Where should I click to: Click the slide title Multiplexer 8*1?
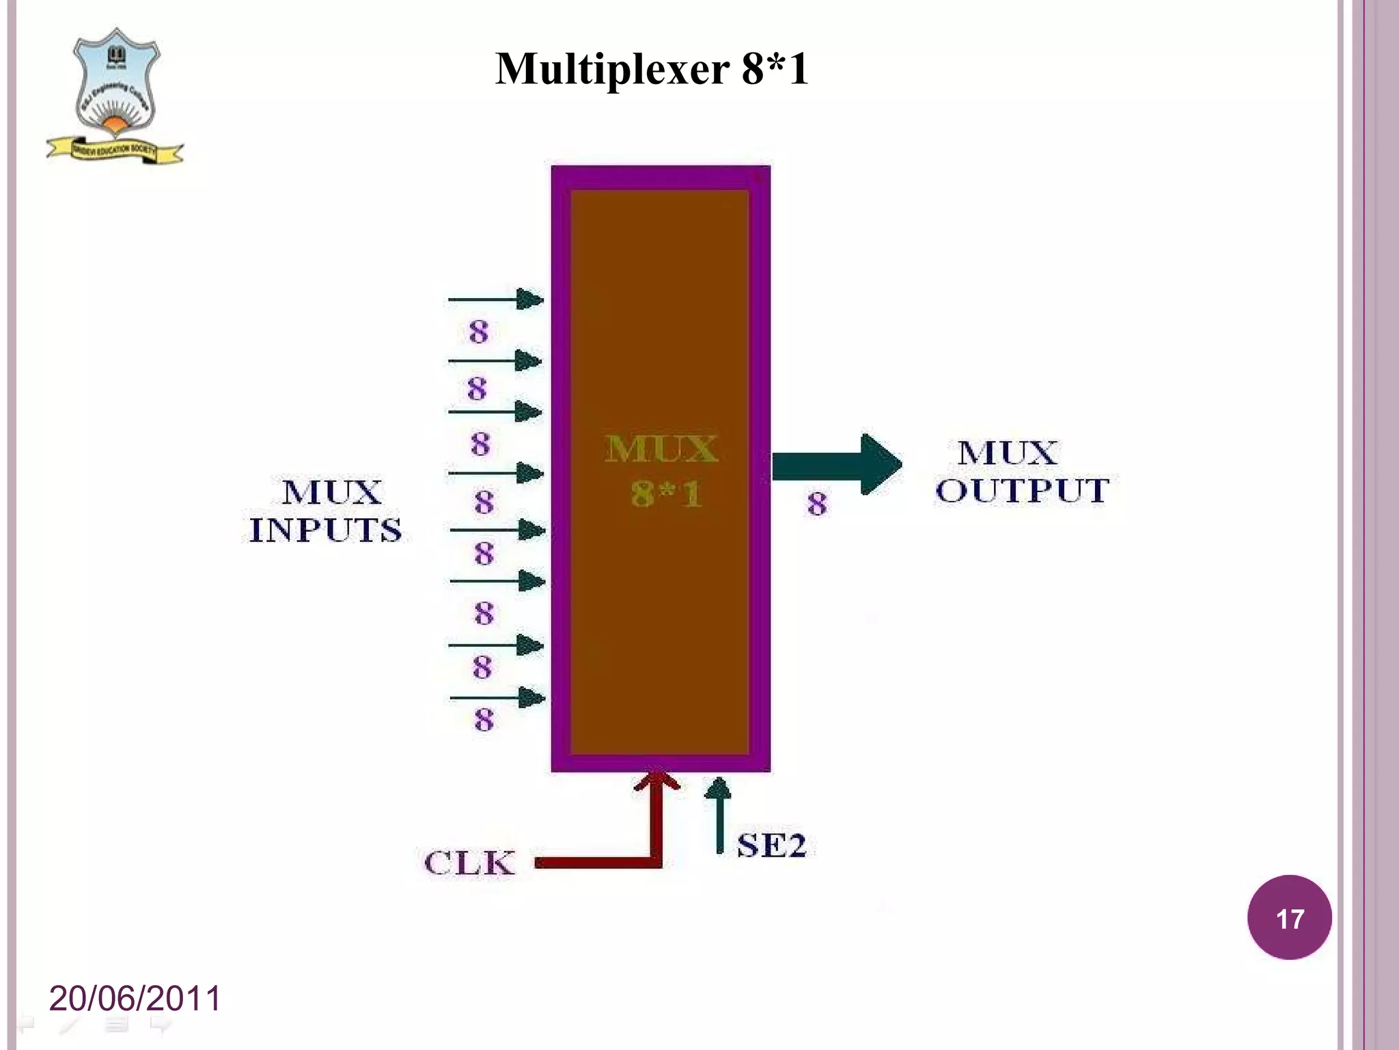(x=652, y=69)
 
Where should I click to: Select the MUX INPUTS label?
(x=326, y=511)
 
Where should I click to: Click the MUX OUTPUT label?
(x=1022, y=472)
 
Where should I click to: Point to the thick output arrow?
(x=837, y=464)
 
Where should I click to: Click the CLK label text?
(x=469, y=863)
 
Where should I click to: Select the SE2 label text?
(x=771, y=846)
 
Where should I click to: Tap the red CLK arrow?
(x=655, y=834)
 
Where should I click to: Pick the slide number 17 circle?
(x=1289, y=917)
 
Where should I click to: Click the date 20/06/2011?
(x=135, y=998)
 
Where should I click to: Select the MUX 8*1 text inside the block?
(x=661, y=472)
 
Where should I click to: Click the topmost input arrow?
(x=495, y=299)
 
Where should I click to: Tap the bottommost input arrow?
(x=497, y=698)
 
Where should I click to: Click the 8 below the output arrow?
(x=817, y=504)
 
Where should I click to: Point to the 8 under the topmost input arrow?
(x=479, y=332)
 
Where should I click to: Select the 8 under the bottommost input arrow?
(x=484, y=720)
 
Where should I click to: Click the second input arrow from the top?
(x=495, y=360)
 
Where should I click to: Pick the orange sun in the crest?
(x=116, y=124)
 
